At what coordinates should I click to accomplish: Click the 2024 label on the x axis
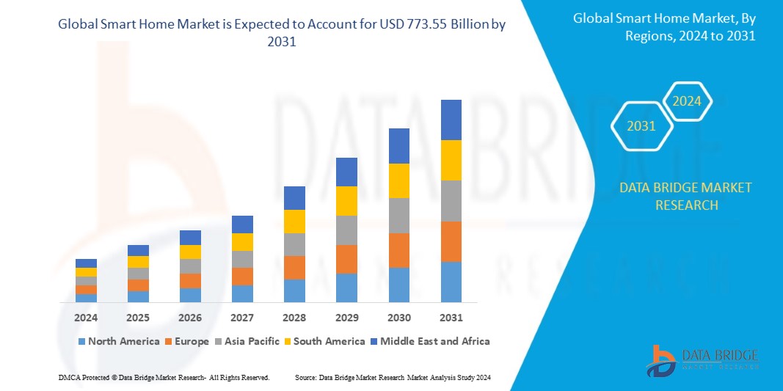[86, 318]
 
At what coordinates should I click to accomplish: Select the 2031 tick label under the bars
[451, 318]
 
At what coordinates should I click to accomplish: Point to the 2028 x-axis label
[294, 318]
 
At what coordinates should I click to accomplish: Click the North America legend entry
[118, 341]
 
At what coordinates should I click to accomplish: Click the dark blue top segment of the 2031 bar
[451, 120]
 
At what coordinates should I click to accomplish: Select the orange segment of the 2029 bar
[346, 259]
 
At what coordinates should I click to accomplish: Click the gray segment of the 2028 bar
[294, 244]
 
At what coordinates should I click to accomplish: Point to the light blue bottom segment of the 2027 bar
[242, 293]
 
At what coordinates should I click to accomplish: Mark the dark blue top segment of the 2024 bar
[86, 263]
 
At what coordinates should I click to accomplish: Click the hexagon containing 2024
[687, 101]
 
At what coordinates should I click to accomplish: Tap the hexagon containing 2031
[641, 126]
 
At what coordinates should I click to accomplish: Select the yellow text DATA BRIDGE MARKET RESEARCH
[685, 197]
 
